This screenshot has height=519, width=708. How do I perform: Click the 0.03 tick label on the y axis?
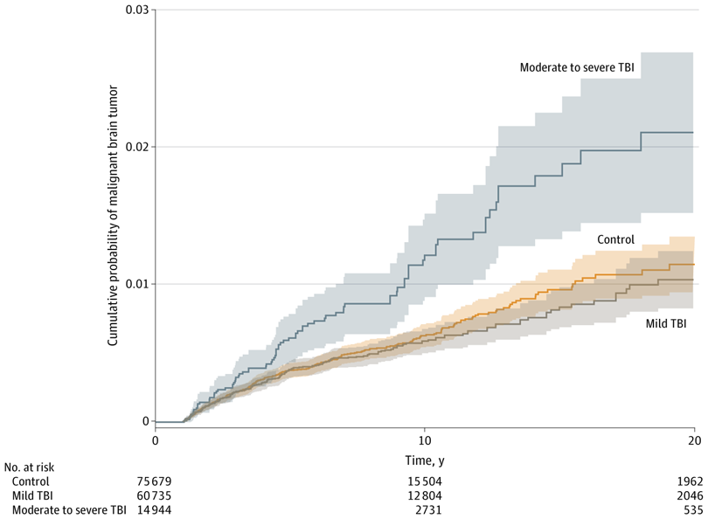tap(137, 10)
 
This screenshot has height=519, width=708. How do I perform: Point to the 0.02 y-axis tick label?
tap(137, 147)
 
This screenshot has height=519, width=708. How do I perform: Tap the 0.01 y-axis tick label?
tap(137, 284)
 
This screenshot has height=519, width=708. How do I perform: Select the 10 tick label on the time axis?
tap(425, 439)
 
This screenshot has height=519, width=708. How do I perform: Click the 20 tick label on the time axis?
tap(694, 439)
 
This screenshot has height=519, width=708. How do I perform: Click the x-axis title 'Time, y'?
tap(425, 458)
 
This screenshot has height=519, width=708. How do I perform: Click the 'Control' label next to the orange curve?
tap(615, 239)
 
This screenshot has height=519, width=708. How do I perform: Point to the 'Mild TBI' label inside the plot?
tap(666, 323)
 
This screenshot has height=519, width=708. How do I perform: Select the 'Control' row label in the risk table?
tap(31, 481)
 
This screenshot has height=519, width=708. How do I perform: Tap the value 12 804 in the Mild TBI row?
tap(425, 494)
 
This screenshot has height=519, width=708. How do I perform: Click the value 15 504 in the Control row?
tap(425, 481)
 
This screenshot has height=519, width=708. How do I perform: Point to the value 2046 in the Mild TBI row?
tap(680, 494)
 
